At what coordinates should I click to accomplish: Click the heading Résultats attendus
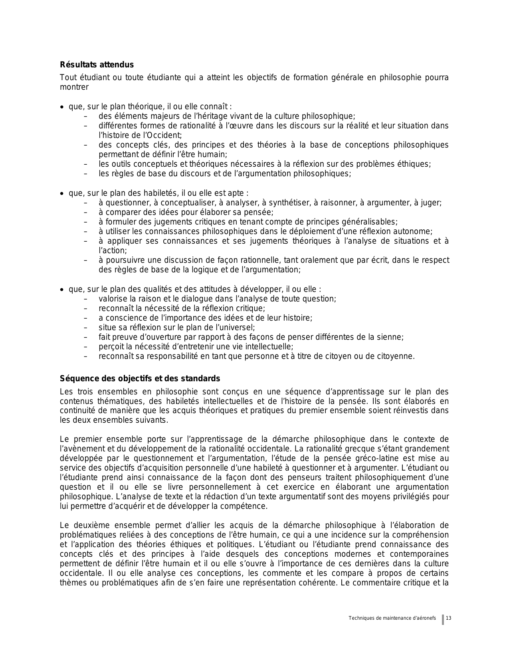coord(97,65)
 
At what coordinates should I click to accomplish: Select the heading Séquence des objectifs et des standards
coord(140,378)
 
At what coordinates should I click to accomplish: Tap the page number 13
coord(448,618)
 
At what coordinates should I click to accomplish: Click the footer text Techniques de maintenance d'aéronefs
coord(392,618)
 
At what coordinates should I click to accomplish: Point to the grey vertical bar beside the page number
coord(443,619)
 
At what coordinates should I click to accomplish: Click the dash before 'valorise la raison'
coord(85,299)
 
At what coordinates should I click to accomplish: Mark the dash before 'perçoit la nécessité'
coord(85,347)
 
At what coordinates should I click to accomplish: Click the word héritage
coord(209,116)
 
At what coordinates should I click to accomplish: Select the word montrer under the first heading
coord(74,87)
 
